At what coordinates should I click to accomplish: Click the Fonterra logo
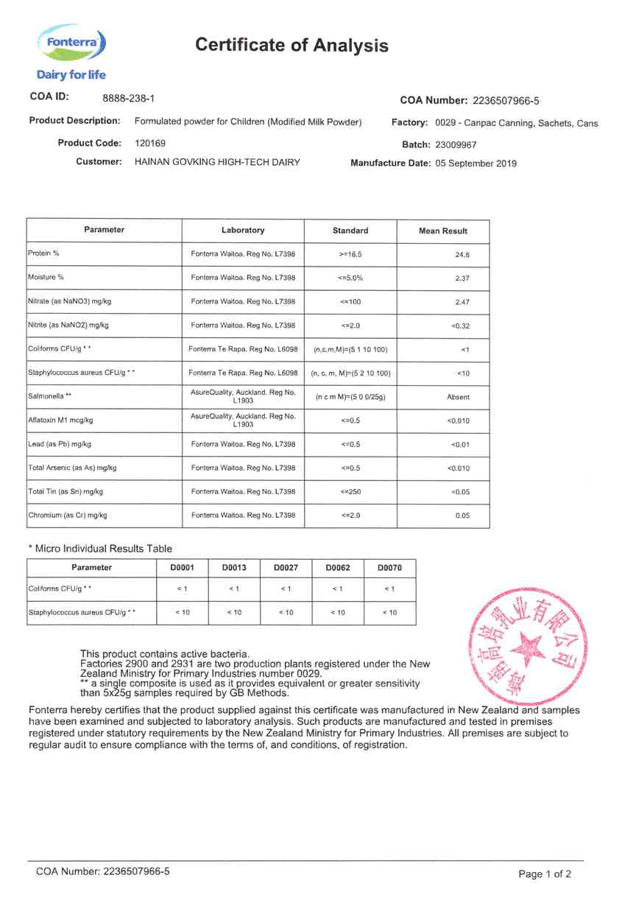pyautogui.click(x=71, y=46)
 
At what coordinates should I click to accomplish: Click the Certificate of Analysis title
pyautogui.click(x=291, y=46)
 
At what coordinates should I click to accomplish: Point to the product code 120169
pyautogui.click(x=150, y=143)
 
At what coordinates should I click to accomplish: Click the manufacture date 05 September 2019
pyautogui.click(x=476, y=164)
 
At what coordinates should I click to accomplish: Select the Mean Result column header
pyautogui.click(x=443, y=231)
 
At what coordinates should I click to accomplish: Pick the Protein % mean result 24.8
pyautogui.click(x=462, y=254)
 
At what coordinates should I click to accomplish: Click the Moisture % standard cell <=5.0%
pyautogui.click(x=350, y=278)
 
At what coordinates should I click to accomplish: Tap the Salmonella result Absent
pyautogui.click(x=458, y=397)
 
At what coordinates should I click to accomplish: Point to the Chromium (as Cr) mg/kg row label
pyautogui.click(x=68, y=516)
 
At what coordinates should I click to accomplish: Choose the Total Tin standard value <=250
pyautogui.click(x=350, y=492)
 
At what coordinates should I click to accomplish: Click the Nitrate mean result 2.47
pyautogui.click(x=462, y=302)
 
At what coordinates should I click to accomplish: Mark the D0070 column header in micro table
pyautogui.click(x=390, y=568)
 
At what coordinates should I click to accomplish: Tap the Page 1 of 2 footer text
pyautogui.click(x=545, y=874)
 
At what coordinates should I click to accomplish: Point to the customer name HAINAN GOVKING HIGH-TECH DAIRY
pyautogui.click(x=217, y=162)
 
